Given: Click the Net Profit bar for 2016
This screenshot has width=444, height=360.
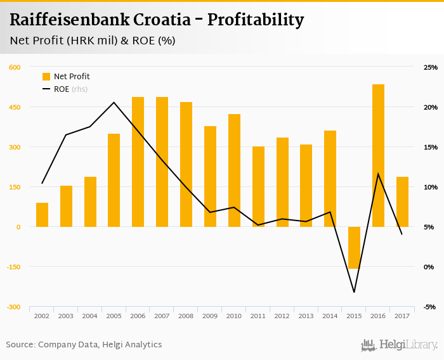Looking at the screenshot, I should (x=378, y=155).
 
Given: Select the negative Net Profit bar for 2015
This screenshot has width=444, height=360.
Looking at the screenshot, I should (x=354, y=248).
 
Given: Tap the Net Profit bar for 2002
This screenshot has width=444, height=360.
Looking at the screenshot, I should (x=42, y=215).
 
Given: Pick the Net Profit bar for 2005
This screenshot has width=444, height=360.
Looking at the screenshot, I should (x=114, y=180).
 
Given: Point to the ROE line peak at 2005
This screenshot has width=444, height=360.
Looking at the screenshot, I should (x=114, y=102).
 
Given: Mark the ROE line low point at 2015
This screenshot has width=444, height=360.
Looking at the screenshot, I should (x=354, y=292).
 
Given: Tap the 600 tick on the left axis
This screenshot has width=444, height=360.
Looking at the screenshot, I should (x=15, y=67).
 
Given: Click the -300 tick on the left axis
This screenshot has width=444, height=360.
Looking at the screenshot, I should (x=13, y=307).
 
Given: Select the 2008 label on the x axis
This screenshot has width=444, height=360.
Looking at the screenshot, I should (x=186, y=315).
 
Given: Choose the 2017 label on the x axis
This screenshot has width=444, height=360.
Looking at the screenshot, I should (x=402, y=315).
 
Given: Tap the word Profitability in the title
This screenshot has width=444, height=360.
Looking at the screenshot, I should (x=256, y=20).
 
